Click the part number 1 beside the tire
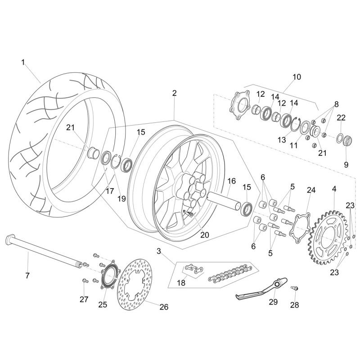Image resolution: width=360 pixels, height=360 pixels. tap(23, 62)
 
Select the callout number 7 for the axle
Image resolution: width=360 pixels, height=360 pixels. tap(27, 275)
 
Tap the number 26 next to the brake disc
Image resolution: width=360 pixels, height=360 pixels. tap(164, 307)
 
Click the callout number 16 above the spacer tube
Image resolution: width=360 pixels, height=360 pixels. tap(231, 181)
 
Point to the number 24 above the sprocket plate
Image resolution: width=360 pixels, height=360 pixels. tap(311, 190)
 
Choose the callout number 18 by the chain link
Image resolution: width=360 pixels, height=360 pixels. tap(181, 283)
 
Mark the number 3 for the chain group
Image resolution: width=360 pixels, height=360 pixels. tap(159, 250)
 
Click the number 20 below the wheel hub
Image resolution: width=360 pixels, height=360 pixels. tap(205, 234)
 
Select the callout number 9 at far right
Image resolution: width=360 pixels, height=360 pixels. tap(346, 165)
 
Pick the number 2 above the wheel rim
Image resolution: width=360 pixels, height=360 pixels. tap(174, 93)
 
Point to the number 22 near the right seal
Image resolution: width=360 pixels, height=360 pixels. tap(342, 117)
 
